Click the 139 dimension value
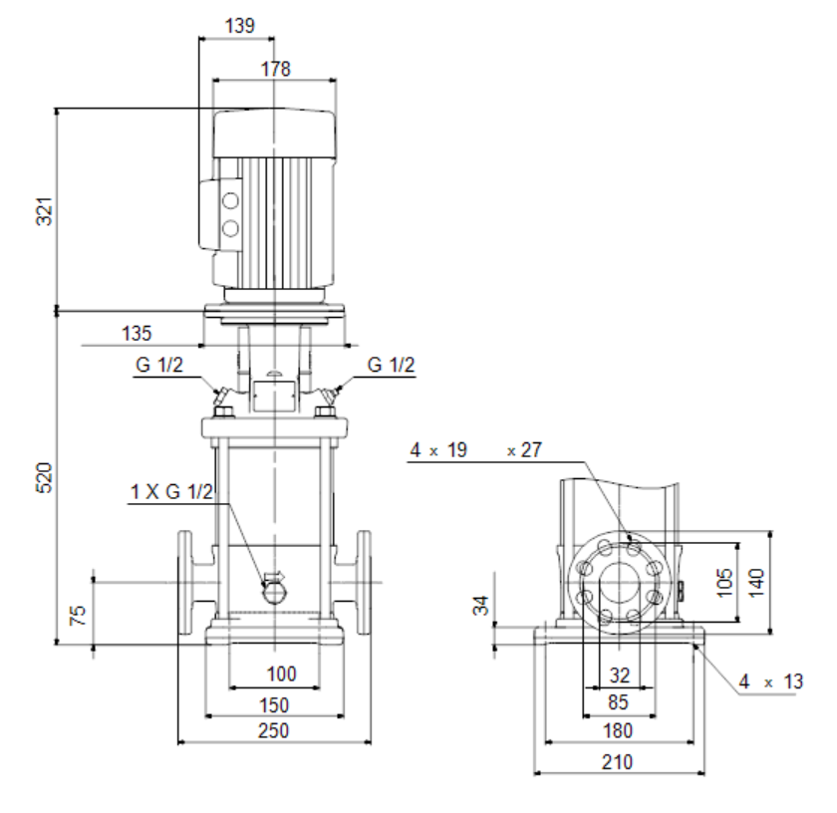pos(240,26)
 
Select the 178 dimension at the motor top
pos(275,69)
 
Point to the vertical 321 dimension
pos(45,211)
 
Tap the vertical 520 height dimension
pos(45,477)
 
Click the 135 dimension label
pos(138,333)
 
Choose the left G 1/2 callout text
pos(159,365)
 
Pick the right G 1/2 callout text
pos(391,365)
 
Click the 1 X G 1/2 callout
pos(171,491)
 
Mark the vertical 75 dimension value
pos(78,615)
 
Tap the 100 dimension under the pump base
pos(281,674)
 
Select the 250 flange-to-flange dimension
pos(274,730)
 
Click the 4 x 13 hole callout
pos(771,681)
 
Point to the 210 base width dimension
pos(618,762)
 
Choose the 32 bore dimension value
pos(620,676)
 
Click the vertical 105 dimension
pos(724,583)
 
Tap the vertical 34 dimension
pos(481,606)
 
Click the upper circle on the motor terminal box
pos(230,201)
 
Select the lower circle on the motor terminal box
pos(230,229)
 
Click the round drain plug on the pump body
pos(275,593)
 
